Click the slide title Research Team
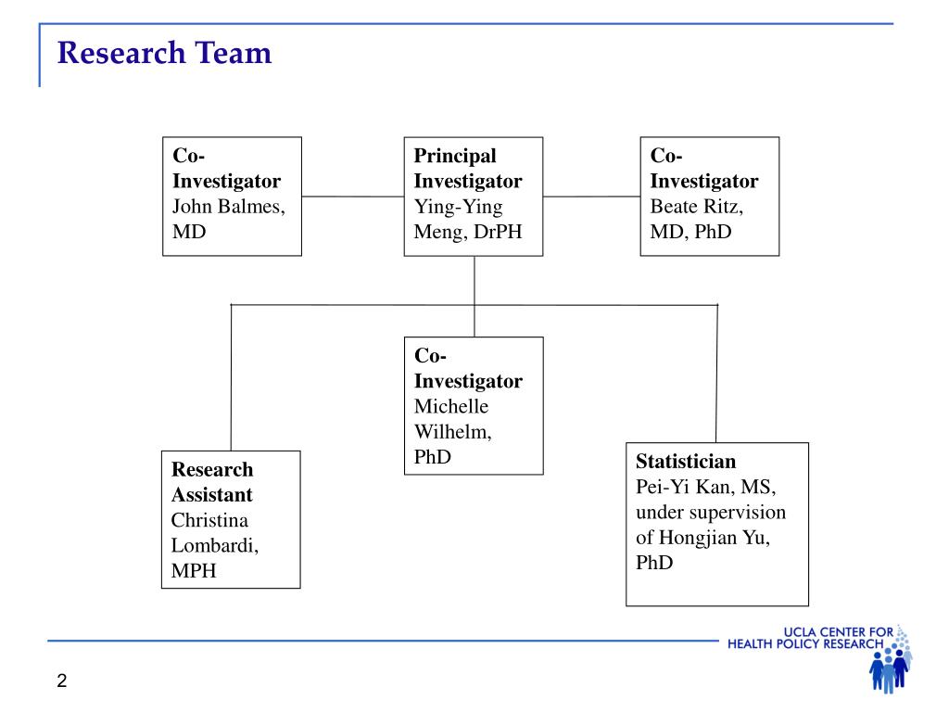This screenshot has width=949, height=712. [x=164, y=53]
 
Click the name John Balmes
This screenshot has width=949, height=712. [x=229, y=207]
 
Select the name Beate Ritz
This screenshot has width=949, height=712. [x=697, y=207]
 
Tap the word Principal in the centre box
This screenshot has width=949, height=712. [x=455, y=156]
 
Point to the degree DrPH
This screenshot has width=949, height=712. [x=498, y=232]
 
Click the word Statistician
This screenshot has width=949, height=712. [x=686, y=462]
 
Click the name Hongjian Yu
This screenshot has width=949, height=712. [x=715, y=538]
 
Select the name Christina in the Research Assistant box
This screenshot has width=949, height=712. [x=209, y=520]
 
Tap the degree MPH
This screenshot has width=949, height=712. [x=194, y=570]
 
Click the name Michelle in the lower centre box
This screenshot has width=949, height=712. [x=451, y=406]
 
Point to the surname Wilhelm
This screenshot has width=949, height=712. [x=452, y=432]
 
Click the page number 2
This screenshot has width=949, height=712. [x=62, y=680]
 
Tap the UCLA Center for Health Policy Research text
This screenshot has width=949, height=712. [x=810, y=638]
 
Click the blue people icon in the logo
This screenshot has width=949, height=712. [x=889, y=669]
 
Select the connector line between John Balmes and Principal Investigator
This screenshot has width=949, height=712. [x=353, y=197]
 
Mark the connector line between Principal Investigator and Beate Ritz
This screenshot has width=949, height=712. [x=591, y=197]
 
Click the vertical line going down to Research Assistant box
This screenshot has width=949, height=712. [x=231, y=378]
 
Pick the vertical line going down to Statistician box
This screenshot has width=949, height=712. [x=716, y=374]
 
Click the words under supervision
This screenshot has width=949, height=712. [x=711, y=512]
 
